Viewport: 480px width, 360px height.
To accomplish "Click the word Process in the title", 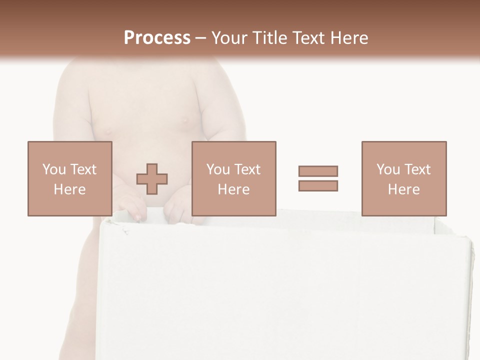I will (x=157, y=38).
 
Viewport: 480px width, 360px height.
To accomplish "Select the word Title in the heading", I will (x=269, y=38).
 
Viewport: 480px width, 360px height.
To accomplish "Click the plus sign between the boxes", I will (x=152, y=178).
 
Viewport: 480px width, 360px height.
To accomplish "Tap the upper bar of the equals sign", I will (x=318, y=171).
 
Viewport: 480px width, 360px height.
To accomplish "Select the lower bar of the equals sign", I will (x=318, y=185).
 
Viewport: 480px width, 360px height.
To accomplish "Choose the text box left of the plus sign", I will (x=69, y=178).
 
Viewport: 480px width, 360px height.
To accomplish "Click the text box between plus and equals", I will (x=233, y=178).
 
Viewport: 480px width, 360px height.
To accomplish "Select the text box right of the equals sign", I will (x=403, y=178).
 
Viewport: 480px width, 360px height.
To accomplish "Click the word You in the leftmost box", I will (x=54, y=169).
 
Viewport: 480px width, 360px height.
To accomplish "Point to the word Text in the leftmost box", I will (x=83, y=169).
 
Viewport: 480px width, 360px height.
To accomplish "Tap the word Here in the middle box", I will (x=233, y=189).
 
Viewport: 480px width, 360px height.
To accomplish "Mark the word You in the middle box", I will (x=218, y=169).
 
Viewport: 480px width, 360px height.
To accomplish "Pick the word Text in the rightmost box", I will (x=417, y=169).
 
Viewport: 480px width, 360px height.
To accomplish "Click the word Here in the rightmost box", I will (x=403, y=189).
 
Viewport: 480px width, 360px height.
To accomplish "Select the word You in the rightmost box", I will (x=388, y=169).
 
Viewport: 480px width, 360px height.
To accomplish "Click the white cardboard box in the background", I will (x=285, y=290).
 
